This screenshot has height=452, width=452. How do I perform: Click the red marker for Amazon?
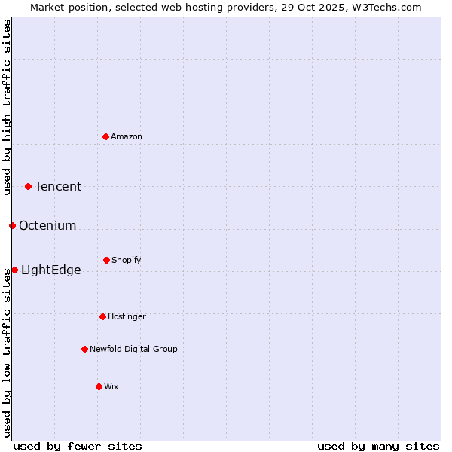pyautogui.click(x=106, y=136)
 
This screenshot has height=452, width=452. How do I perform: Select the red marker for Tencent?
pyautogui.click(x=29, y=186)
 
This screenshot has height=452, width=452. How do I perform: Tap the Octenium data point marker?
pyautogui.click(x=12, y=225)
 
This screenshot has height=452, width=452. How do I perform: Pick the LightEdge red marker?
pyautogui.click(x=14, y=270)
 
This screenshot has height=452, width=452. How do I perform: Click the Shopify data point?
pyautogui.click(x=106, y=260)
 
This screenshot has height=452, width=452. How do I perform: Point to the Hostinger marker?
pyautogui.click(x=102, y=316)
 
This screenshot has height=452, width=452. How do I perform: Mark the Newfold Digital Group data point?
pyautogui.click(x=84, y=349)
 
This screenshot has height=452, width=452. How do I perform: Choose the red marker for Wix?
pyautogui.click(x=99, y=386)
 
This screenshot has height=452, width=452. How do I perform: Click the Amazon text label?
pyautogui.click(x=127, y=136)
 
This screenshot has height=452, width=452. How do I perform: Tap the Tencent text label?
pyautogui.click(x=58, y=187)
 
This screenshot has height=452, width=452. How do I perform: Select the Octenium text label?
pyautogui.click(x=47, y=226)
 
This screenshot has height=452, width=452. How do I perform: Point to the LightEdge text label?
pyautogui.click(x=51, y=270)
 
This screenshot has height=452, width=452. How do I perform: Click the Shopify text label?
pyautogui.click(x=127, y=261)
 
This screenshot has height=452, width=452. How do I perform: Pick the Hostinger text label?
pyautogui.click(x=127, y=316)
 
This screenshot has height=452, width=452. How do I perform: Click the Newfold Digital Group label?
pyautogui.click(x=133, y=349)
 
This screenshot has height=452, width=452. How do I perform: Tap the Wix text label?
pyautogui.click(x=111, y=386)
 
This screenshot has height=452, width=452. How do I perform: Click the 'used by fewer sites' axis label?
pyautogui.click(x=78, y=447)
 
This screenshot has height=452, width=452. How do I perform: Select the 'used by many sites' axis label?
pyautogui.click(x=378, y=447)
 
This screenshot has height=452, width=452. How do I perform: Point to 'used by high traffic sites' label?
pyautogui.click(x=8, y=107)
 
